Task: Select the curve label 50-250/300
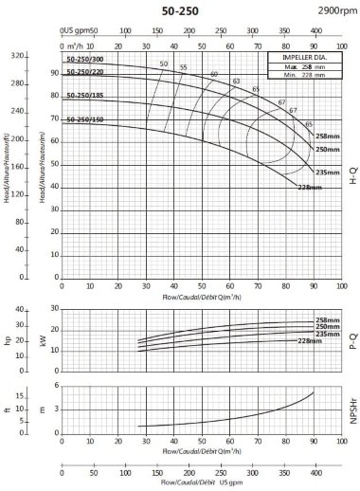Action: pos(84,60)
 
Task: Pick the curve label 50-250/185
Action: pos(84,96)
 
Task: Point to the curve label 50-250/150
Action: pos(84,120)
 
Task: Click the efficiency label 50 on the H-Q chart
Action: pos(163,64)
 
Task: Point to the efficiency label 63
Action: pos(236,82)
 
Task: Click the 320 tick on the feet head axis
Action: pos(17,56)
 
